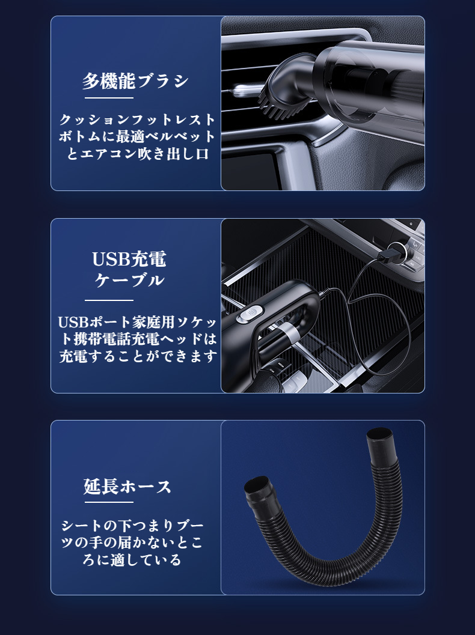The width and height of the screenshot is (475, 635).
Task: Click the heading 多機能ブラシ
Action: pyautogui.click(x=135, y=81)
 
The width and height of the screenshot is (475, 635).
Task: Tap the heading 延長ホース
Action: pyautogui.click(x=127, y=486)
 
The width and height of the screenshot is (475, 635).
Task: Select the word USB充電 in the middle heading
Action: pyautogui.click(x=129, y=259)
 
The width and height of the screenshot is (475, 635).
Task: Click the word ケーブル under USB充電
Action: pyautogui.click(x=129, y=280)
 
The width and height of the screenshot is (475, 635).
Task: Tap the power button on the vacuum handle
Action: pyautogui.click(x=250, y=315)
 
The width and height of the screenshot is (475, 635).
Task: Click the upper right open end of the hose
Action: pyautogui.click(x=380, y=437)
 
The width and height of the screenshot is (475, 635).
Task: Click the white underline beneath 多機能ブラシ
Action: pyautogui.click(x=109, y=98)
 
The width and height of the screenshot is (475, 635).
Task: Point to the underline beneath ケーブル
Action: pyautogui.click(x=109, y=300)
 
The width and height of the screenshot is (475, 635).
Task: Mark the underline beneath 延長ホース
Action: pyautogui.click(x=109, y=502)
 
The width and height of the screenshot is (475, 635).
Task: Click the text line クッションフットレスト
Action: pyautogui.click(x=137, y=120)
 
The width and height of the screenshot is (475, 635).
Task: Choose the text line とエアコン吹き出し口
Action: pyautogui.click(x=137, y=154)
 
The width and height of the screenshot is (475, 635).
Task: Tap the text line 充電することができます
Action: pyautogui.click(x=138, y=356)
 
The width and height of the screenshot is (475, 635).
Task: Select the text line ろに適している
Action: pyautogui.click(x=132, y=560)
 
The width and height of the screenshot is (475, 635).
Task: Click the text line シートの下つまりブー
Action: pyautogui.click(x=132, y=525)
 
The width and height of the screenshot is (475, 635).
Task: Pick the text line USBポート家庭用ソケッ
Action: pyautogui.click(x=138, y=322)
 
